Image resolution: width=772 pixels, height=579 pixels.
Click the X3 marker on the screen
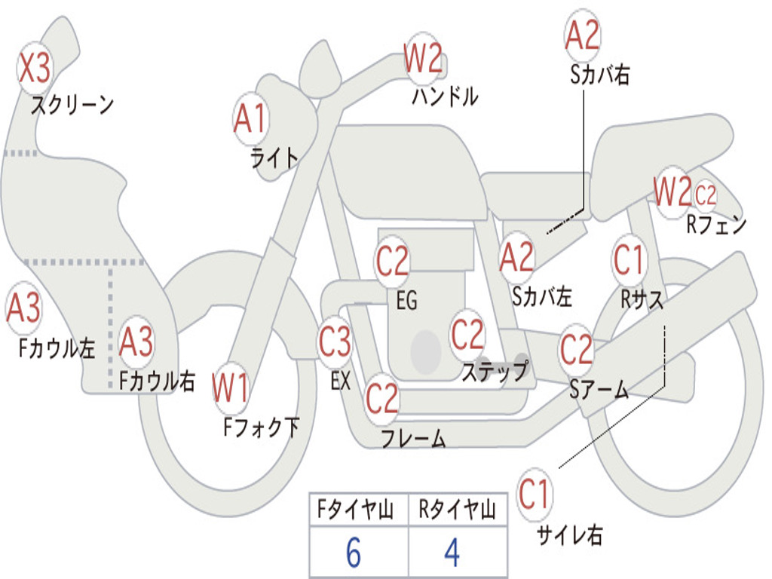[x=34, y=67]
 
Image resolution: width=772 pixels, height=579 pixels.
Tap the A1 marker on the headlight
[x=251, y=118]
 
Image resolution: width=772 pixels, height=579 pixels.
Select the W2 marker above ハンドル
[x=423, y=58]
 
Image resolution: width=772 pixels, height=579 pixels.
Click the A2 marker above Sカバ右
[x=583, y=35]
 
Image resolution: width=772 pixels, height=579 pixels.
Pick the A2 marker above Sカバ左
[x=516, y=257]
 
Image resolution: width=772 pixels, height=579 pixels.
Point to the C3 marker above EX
[x=335, y=342]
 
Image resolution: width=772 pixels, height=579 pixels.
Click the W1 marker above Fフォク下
[x=230, y=388]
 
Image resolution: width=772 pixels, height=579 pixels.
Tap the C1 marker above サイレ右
[x=535, y=494]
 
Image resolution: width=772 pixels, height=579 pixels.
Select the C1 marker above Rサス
[x=629, y=259]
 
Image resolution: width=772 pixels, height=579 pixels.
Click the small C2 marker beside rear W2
[x=706, y=195]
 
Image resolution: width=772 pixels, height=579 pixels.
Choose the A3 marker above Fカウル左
[x=23, y=308]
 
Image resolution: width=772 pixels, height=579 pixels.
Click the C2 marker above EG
[x=392, y=260]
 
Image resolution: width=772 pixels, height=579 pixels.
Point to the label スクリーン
[x=72, y=105]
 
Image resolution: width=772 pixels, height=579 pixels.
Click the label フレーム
[x=414, y=438]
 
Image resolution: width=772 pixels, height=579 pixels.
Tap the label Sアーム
[x=599, y=390]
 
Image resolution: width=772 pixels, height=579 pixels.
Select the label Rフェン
[x=716, y=225]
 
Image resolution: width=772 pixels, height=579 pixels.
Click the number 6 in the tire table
[x=354, y=553]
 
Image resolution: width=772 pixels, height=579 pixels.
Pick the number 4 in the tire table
[x=452, y=553]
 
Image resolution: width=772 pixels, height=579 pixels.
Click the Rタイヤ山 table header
[x=458, y=510]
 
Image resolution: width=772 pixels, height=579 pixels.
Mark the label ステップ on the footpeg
[x=495, y=371]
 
